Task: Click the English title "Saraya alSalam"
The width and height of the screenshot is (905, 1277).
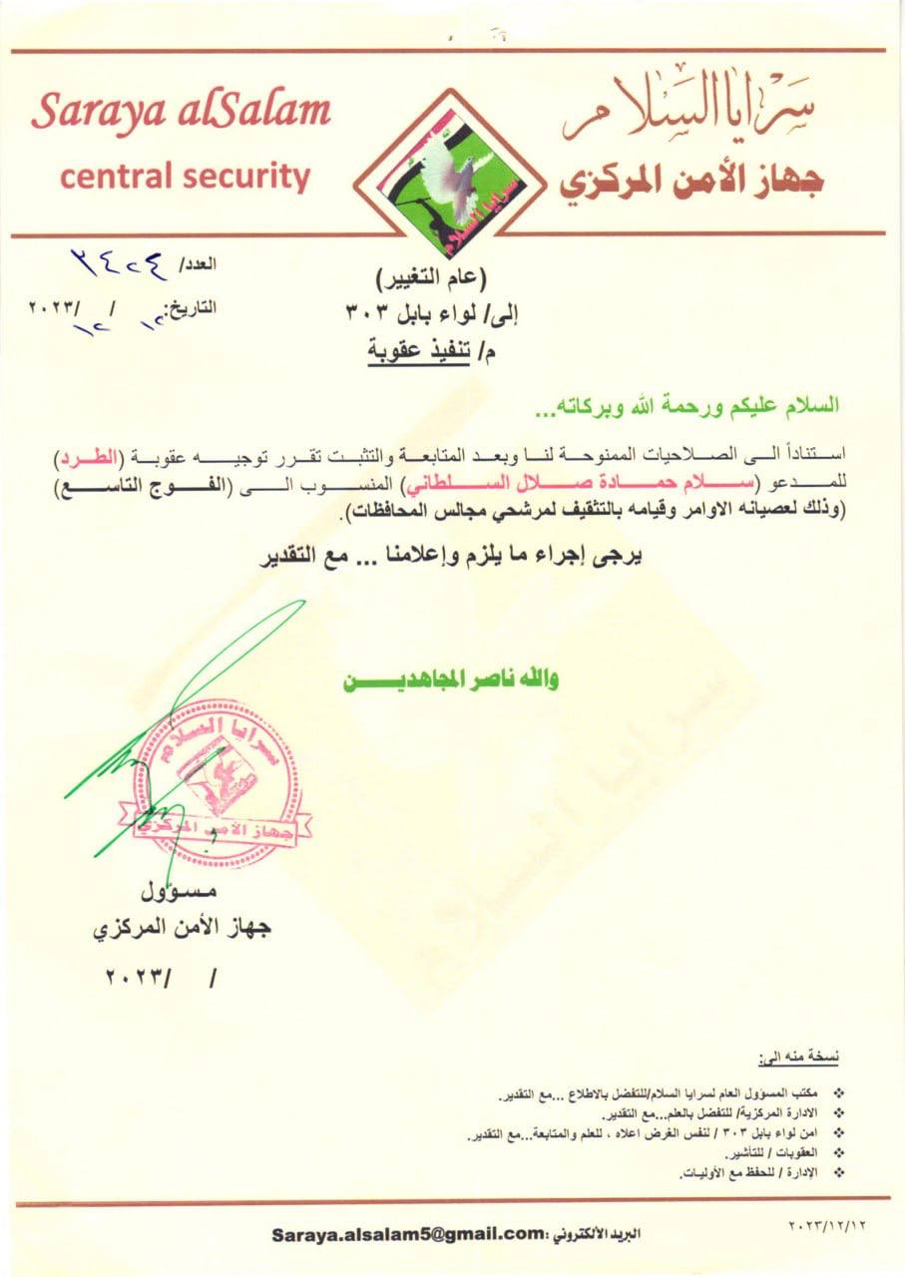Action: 181,113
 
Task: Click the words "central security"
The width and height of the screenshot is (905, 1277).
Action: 185,177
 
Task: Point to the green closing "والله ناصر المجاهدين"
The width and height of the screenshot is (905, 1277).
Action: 451,681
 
